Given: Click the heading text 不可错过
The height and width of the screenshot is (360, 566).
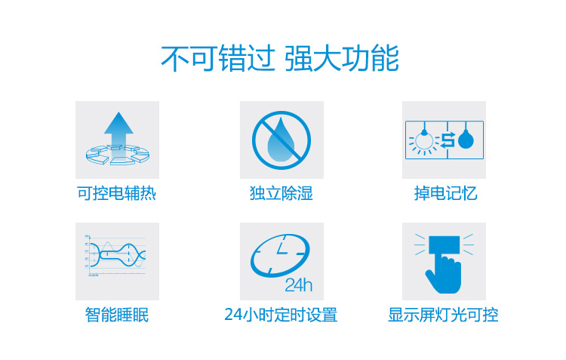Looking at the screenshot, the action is pos(218,58).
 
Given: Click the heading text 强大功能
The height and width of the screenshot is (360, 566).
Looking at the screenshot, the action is pos(342,58).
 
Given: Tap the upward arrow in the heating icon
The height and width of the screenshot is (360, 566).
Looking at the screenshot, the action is pos(118,134).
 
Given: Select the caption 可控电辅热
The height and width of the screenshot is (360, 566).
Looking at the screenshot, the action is pos(116,193).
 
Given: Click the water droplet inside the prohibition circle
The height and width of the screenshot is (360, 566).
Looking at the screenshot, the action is pos(281,140).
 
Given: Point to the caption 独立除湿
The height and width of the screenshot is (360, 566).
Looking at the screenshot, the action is pos(281,193).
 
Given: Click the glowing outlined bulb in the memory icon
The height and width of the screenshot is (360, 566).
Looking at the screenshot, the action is pos(424,140).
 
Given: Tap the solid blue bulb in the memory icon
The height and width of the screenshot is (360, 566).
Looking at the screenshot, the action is pos(466,140).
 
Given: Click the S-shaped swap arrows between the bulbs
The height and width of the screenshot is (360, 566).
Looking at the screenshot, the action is pos(448,140).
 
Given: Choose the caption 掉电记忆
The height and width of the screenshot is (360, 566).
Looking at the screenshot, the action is pos(445,193).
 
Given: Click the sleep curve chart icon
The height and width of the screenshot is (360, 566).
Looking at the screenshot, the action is pos(116,255).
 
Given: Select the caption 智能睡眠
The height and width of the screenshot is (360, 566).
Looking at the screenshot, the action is pos(116,315).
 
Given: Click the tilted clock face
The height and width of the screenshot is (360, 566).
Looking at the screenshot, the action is pos(280,256).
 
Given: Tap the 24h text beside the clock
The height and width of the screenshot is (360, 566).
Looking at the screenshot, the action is pos(299,285).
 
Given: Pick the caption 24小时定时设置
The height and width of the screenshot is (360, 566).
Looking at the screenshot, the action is pos(281,315).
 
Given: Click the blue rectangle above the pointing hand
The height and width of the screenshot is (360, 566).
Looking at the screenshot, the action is pos(444,245).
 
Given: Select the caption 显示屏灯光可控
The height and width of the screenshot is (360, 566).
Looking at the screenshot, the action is pos(443,315).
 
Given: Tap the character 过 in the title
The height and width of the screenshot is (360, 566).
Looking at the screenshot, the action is pos(261,58).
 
